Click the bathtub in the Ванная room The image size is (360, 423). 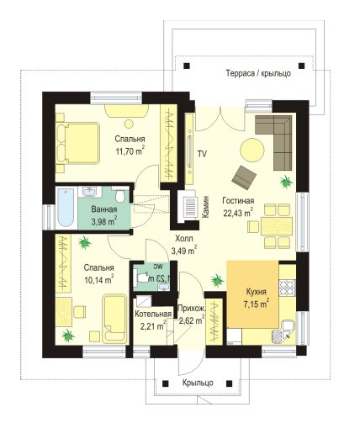[66, 207]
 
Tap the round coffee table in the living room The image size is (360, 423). [252, 150]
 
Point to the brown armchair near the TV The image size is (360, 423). [244, 177]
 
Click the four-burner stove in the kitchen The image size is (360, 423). [287, 288]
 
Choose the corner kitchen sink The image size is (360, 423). [283, 332]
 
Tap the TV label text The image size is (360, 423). [202, 154]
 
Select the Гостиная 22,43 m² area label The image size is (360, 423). [238, 207]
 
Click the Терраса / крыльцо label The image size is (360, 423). [258, 73]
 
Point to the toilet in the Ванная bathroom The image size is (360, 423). [120, 195]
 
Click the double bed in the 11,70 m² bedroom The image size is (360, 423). [78, 143]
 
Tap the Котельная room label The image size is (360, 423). [153, 314]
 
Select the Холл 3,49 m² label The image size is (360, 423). [184, 245]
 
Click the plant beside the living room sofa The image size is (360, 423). [286, 182]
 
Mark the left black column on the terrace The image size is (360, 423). [187, 66]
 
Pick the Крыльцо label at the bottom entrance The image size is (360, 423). [198, 383]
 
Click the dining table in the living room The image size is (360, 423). [277, 226]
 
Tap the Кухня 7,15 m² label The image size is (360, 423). [257, 298]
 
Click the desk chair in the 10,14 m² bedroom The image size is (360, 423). [80, 312]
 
